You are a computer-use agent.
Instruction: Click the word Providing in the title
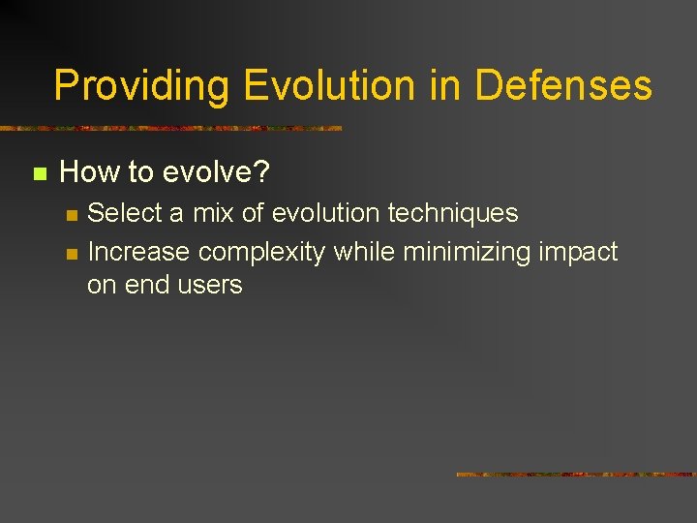141,86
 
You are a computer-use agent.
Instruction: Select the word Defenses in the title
563,86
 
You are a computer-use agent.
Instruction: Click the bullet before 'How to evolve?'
40,174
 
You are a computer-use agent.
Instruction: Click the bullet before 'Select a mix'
70,214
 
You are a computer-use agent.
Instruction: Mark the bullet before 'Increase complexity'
70,254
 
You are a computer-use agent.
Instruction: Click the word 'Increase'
138,252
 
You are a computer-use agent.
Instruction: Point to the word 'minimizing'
469,252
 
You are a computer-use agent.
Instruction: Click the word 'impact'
580,253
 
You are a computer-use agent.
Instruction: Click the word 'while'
365,252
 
